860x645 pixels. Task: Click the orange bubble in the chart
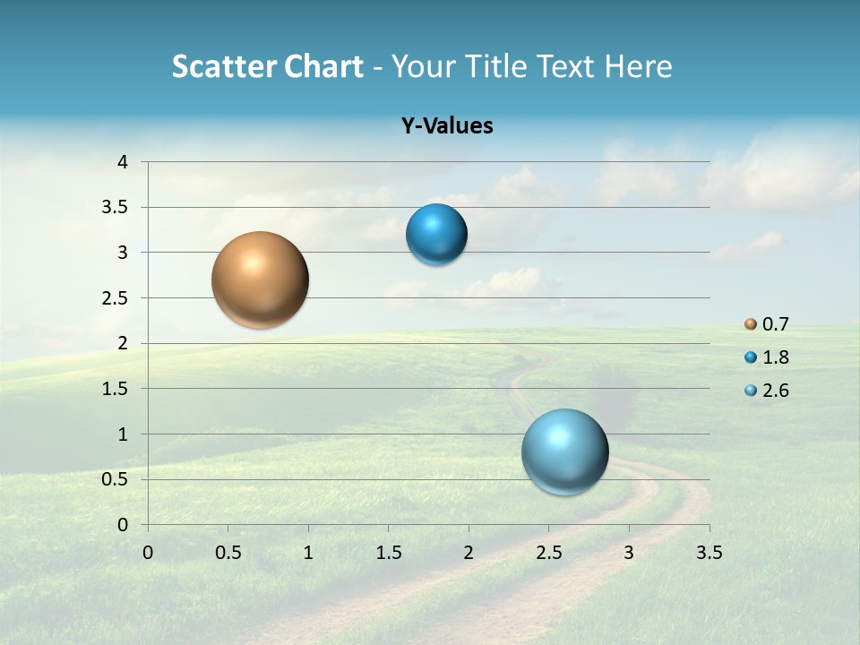(x=261, y=279)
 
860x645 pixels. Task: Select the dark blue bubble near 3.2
(x=436, y=235)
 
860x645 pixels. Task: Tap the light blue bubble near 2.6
(x=564, y=451)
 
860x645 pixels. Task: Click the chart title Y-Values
(x=446, y=125)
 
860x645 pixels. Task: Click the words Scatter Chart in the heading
(x=267, y=65)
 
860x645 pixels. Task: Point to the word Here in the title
(x=638, y=65)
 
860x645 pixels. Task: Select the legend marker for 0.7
(x=751, y=323)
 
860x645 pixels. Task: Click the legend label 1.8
(x=776, y=357)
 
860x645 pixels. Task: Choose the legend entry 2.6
(x=776, y=391)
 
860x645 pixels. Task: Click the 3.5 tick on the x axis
(x=709, y=553)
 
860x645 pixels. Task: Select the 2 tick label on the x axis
(x=469, y=553)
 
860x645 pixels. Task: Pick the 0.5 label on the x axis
(x=228, y=553)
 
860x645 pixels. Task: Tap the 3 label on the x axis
(x=629, y=553)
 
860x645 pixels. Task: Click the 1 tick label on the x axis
(x=308, y=553)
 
